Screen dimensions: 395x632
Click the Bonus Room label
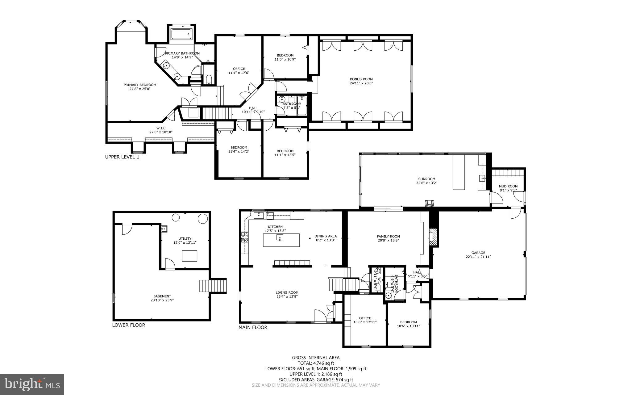[x=361, y=79]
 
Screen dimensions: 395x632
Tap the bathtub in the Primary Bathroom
[x=181, y=34]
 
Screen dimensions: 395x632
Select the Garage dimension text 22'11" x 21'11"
[x=478, y=257]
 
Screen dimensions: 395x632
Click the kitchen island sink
[x=280, y=237]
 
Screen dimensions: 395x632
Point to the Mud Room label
[x=508, y=186]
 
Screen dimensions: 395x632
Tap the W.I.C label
[x=161, y=128]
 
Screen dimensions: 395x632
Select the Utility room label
[x=185, y=238]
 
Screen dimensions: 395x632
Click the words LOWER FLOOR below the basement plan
[x=128, y=325]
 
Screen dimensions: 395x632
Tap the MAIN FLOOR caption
[x=253, y=327]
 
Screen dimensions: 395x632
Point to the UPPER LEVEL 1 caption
[x=122, y=157]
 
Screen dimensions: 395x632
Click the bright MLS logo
[x=32, y=384]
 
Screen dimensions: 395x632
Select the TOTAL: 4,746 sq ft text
[x=316, y=363]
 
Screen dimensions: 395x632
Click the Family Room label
[x=388, y=236]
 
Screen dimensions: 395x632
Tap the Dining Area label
[x=325, y=236]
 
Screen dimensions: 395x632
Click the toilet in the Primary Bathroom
[x=208, y=80]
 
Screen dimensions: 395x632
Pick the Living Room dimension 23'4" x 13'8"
[x=287, y=296]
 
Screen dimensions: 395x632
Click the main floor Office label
[x=365, y=318]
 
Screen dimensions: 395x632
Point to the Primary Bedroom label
[x=140, y=85]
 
